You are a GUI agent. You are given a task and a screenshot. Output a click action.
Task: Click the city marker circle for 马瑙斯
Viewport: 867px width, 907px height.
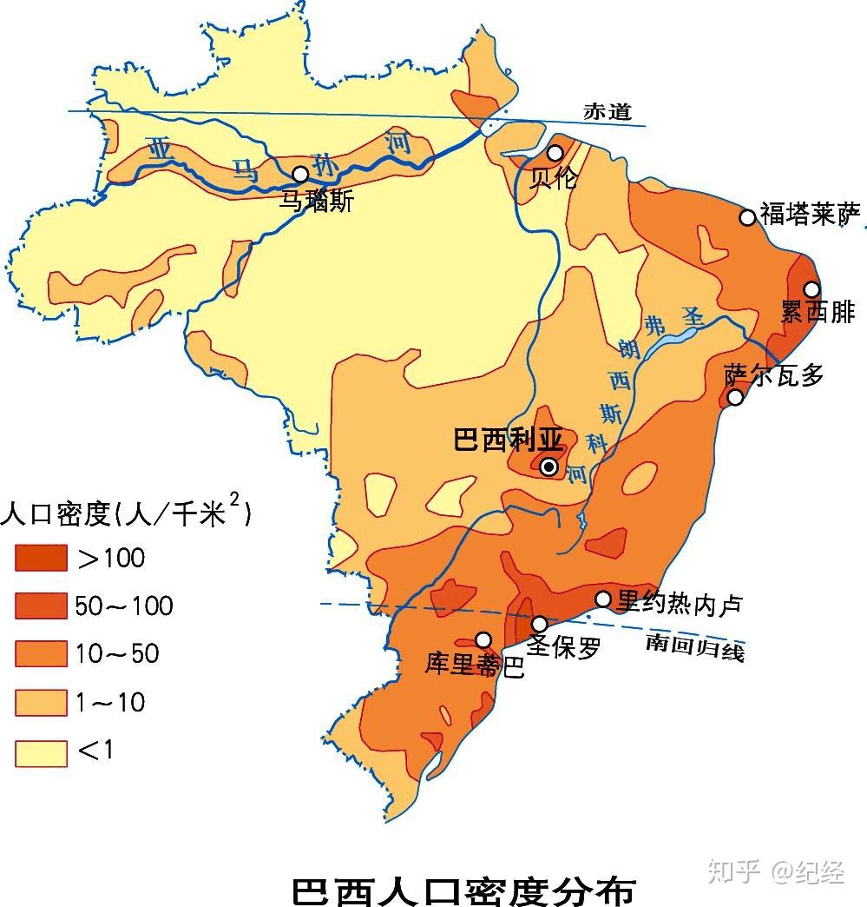(x=300, y=174)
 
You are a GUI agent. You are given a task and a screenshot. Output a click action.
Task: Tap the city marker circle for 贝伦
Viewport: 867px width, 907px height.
(x=555, y=153)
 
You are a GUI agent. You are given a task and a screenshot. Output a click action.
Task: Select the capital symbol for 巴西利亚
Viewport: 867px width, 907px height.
(x=548, y=467)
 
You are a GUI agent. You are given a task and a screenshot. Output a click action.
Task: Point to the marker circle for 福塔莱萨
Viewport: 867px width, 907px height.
(x=747, y=217)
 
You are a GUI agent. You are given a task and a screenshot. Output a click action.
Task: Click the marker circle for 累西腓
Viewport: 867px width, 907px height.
(x=811, y=288)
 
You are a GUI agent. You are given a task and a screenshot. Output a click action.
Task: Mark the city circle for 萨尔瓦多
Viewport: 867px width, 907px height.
(x=735, y=397)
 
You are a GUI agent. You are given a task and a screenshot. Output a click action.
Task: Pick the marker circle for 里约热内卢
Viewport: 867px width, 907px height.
(x=603, y=599)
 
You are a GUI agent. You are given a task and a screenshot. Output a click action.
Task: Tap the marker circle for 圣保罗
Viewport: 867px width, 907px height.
(x=540, y=624)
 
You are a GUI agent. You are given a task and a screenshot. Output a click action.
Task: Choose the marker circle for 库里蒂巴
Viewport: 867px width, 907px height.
(x=483, y=639)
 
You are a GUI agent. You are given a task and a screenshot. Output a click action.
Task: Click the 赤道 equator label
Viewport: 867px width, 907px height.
(x=608, y=112)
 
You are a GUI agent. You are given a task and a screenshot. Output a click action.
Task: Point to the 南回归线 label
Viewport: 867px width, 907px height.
(x=694, y=646)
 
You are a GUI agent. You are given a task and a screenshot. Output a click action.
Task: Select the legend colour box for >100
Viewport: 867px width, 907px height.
(x=41, y=558)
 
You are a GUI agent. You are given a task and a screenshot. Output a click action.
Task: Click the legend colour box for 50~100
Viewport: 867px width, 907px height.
(x=41, y=606)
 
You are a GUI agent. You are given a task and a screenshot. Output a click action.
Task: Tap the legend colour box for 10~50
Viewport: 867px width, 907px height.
(x=41, y=653)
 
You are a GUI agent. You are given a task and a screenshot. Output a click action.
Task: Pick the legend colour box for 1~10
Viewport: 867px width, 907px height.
(x=41, y=702)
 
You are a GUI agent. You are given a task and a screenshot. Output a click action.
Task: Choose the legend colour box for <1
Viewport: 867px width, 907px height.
(x=41, y=752)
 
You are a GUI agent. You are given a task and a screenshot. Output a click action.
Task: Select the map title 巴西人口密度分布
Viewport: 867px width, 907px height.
(x=463, y=890)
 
